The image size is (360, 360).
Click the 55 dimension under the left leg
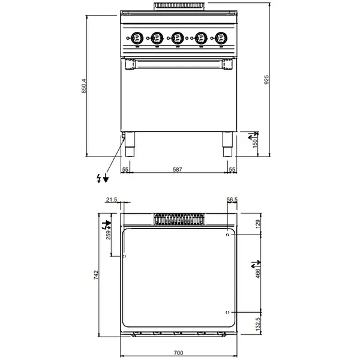[125, 170]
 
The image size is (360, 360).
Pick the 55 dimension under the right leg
[232, 170]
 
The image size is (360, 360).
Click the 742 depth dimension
[95, 275]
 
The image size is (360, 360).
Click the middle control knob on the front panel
[176, 37]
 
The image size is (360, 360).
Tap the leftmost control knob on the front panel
[137, 37]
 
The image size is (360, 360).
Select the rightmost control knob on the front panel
[220, 37]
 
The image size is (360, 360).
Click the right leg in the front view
[227, 144]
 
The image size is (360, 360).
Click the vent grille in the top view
[178, 219]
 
